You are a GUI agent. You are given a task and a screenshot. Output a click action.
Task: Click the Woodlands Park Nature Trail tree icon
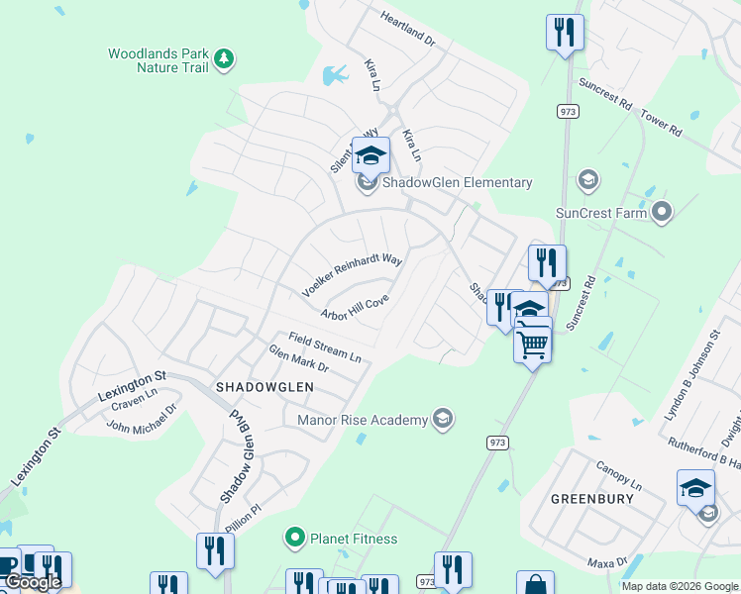[x=225, y=58]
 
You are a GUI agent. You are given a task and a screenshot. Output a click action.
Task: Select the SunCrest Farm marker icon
[x=662, y=211]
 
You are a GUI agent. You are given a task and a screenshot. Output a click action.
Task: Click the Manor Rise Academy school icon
[x=442, y=420]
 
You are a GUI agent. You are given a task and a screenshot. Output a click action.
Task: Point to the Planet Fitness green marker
[x=294, y=539]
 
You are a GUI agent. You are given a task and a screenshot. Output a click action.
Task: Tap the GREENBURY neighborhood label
[x=591, y=499]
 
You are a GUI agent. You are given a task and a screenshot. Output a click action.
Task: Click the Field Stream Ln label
[x=325, y=346]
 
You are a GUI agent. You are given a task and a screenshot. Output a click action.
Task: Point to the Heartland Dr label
[x=408, y=28]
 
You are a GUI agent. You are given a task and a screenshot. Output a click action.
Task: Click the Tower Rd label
[x=661, y=123]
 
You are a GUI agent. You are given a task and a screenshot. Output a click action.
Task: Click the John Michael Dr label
[x=142, y=418]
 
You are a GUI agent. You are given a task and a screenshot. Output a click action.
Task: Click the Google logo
[x=33, y=582]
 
